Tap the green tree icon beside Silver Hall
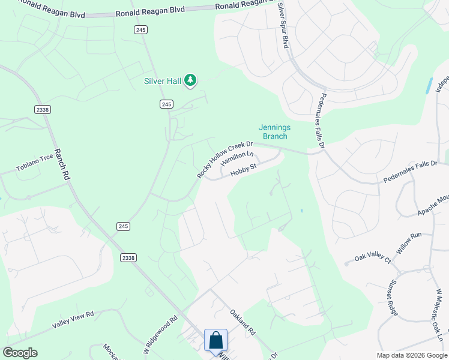click(190, 80)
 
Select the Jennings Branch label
click(274, 131)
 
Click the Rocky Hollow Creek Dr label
click(225, 160)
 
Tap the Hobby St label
click(244, 170)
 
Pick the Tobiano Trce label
click(35, 164)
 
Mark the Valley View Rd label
click(73, 320)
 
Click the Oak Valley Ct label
click(373, 259)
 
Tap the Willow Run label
click(409, 242)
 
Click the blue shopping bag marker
click(215, 341)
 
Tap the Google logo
click(20, 353)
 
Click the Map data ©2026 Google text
click(412, 355)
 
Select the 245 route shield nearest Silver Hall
click(167, 104)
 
